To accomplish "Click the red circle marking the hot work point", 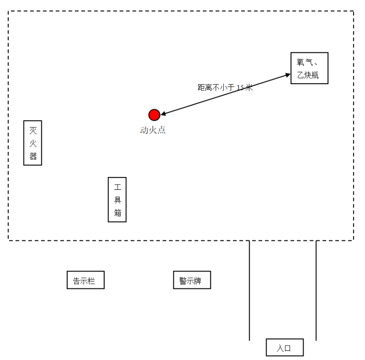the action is pyautogui.click(x=154, y=115).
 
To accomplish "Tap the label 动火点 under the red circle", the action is pyautogui.click(x=153, y=130).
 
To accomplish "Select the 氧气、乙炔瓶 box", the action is pyautogui.click(x=309, y=69).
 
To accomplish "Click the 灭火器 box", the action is pyautogui.click(x=33, y=143).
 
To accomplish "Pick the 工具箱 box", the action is pyautogui.click(x=117, y=200).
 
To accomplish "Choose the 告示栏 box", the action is pyautogui.click(x=85, y=280).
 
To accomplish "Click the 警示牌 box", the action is pyautogui.click(x=192, y=280).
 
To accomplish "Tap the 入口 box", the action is pyautogui.click(x=285, y=348).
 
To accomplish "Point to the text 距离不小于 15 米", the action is pyautogui.click(x=225, y=88).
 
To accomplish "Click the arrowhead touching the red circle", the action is pyautogui.click(x=163, y=114).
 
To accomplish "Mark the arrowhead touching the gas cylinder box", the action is pyautogui.click(x=288, y=74).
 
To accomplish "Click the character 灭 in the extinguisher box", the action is pyautogui.click(x=33, y=130).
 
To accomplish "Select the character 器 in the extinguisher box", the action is pyautogui.click(x=33, y=156).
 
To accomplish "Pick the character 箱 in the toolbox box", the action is pyautogui.click(x=117, y=213).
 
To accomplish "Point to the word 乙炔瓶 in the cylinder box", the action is pyautogui.click(x=309, y=75).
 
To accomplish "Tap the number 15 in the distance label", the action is pyautogui.click(x=241, y=88).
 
